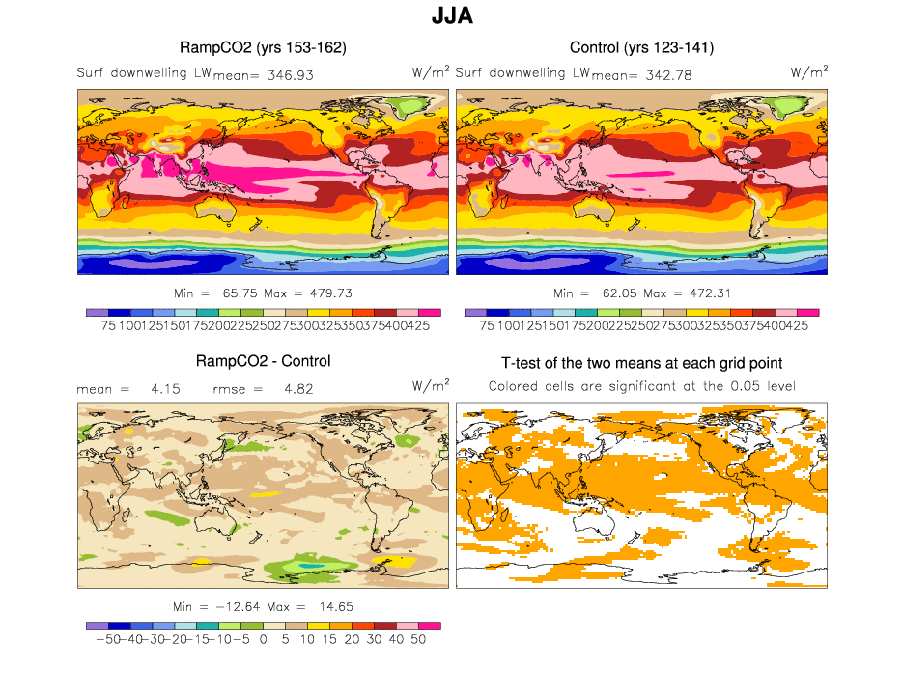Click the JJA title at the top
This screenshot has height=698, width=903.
pos(451,17)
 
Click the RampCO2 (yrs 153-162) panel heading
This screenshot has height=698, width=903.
pos(263,47)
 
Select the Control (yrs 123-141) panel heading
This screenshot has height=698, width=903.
pos(641,47)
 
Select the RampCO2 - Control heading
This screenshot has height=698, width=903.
pos(263,361)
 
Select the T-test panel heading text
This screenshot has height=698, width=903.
pos(641,363)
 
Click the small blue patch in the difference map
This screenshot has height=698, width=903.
pos(310,565)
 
